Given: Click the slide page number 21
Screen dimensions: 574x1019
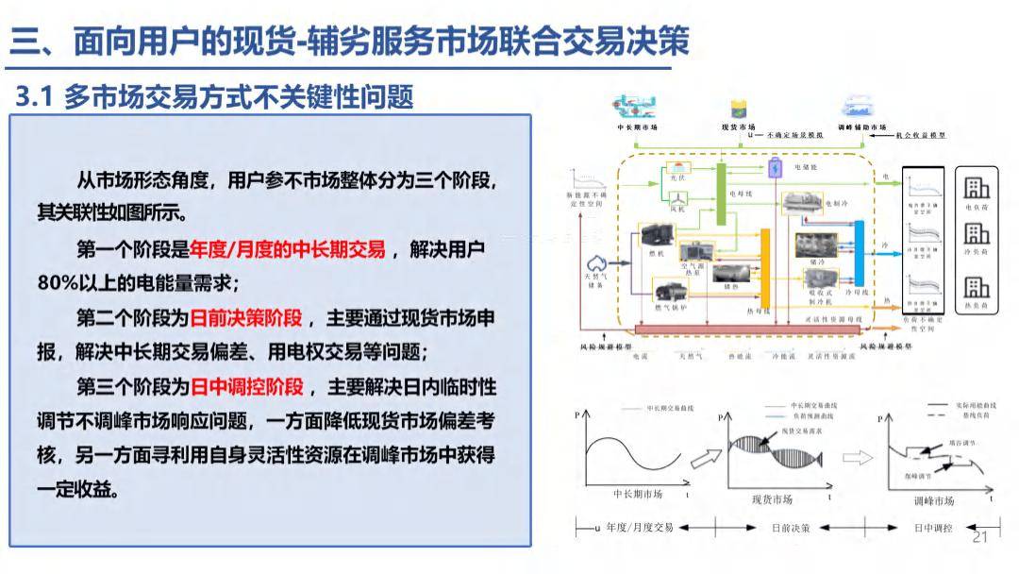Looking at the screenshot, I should pos(978,537).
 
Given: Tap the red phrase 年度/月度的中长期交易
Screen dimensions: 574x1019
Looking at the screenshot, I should pos(287,249).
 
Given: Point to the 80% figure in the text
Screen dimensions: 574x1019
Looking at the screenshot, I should pos(58,283).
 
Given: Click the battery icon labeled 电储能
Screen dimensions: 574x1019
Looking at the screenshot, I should pos(776,168).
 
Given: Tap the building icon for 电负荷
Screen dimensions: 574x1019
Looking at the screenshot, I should pos(977,188).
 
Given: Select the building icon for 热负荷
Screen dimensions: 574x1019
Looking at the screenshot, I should pos(977,288).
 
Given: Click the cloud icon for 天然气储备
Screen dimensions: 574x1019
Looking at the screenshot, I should pos(597,263).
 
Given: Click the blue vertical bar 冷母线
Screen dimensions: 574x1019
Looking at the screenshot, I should pos(859,252).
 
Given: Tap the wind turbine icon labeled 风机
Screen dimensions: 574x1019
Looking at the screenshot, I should pos(677,198).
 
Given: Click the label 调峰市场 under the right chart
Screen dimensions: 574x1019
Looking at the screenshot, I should pos(935,500).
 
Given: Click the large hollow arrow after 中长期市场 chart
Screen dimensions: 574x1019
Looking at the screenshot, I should pos(704,459).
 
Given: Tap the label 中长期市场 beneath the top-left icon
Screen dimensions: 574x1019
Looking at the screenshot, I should pos(637,127).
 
